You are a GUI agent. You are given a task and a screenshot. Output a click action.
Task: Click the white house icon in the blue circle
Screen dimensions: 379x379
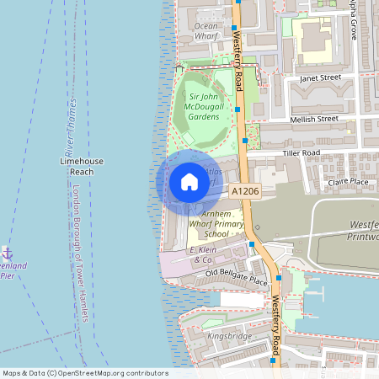[x=189, y=182]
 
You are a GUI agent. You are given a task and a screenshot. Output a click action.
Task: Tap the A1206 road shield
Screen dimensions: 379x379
[x=244, y=192]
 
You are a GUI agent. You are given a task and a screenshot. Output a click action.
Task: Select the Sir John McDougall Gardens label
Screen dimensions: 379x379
[x=202, y=107]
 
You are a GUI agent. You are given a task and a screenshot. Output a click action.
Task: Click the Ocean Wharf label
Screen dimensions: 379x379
[x=206, y=31]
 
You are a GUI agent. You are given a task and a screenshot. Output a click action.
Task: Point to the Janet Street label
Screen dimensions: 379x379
[x=319, y=77]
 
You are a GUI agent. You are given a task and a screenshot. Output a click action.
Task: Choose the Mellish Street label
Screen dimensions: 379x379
[x=312, y=120]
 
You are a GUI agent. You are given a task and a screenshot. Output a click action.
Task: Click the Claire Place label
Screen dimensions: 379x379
[x=348, y=181]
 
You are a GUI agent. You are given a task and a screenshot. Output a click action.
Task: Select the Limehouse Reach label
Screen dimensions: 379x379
[x=82, y=165]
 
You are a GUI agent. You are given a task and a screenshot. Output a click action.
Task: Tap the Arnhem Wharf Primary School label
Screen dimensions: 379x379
[x=210, y=224]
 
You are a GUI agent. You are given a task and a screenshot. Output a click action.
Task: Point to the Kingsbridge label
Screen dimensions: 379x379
[x=229, y=336]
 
